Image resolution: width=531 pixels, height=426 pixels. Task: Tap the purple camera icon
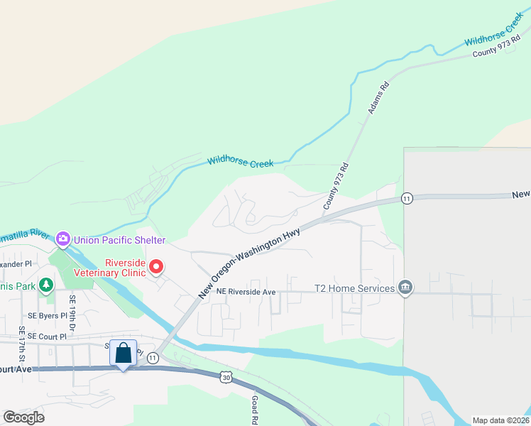pos(63,239)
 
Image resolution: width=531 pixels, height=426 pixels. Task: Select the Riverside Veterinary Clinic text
pos(125,268)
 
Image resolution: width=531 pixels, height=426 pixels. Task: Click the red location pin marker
pos(156,268)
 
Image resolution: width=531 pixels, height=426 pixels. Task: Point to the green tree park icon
pos(46,285)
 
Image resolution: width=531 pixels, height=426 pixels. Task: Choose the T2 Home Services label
pos(355,288)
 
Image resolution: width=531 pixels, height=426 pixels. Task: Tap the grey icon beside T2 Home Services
pos(405,288)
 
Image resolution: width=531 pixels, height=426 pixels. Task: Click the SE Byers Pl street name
pos(48,315)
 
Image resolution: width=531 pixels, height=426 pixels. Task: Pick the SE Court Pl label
pos(48,337)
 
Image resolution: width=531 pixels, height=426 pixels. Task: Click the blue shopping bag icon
pos(124,353)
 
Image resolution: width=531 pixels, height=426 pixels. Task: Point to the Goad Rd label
pos(253,410)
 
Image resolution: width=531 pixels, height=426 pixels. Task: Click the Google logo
pos(23,417)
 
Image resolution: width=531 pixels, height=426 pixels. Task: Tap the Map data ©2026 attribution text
pos(500,420)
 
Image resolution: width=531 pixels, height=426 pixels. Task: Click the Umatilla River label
pos(26,234)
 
